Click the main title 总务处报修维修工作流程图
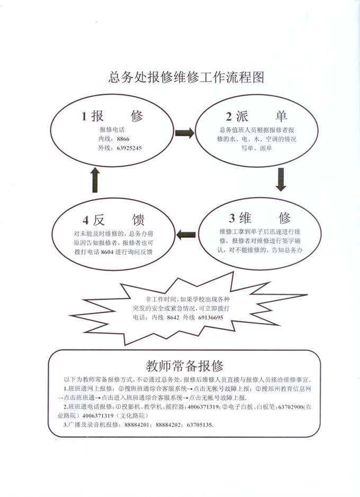186,77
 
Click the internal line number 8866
123,139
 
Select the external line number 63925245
129,148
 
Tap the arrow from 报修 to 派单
185,133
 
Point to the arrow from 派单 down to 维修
281,179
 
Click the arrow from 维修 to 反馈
186,234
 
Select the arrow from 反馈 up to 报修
95,180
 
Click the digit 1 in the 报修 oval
84,116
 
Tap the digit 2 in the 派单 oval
229,117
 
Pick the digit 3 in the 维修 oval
232,218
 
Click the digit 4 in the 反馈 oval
86,220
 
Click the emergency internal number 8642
173,318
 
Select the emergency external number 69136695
211,318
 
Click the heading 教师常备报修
185,366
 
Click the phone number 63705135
200,424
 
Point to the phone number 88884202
168,424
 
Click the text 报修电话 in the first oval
112,130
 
